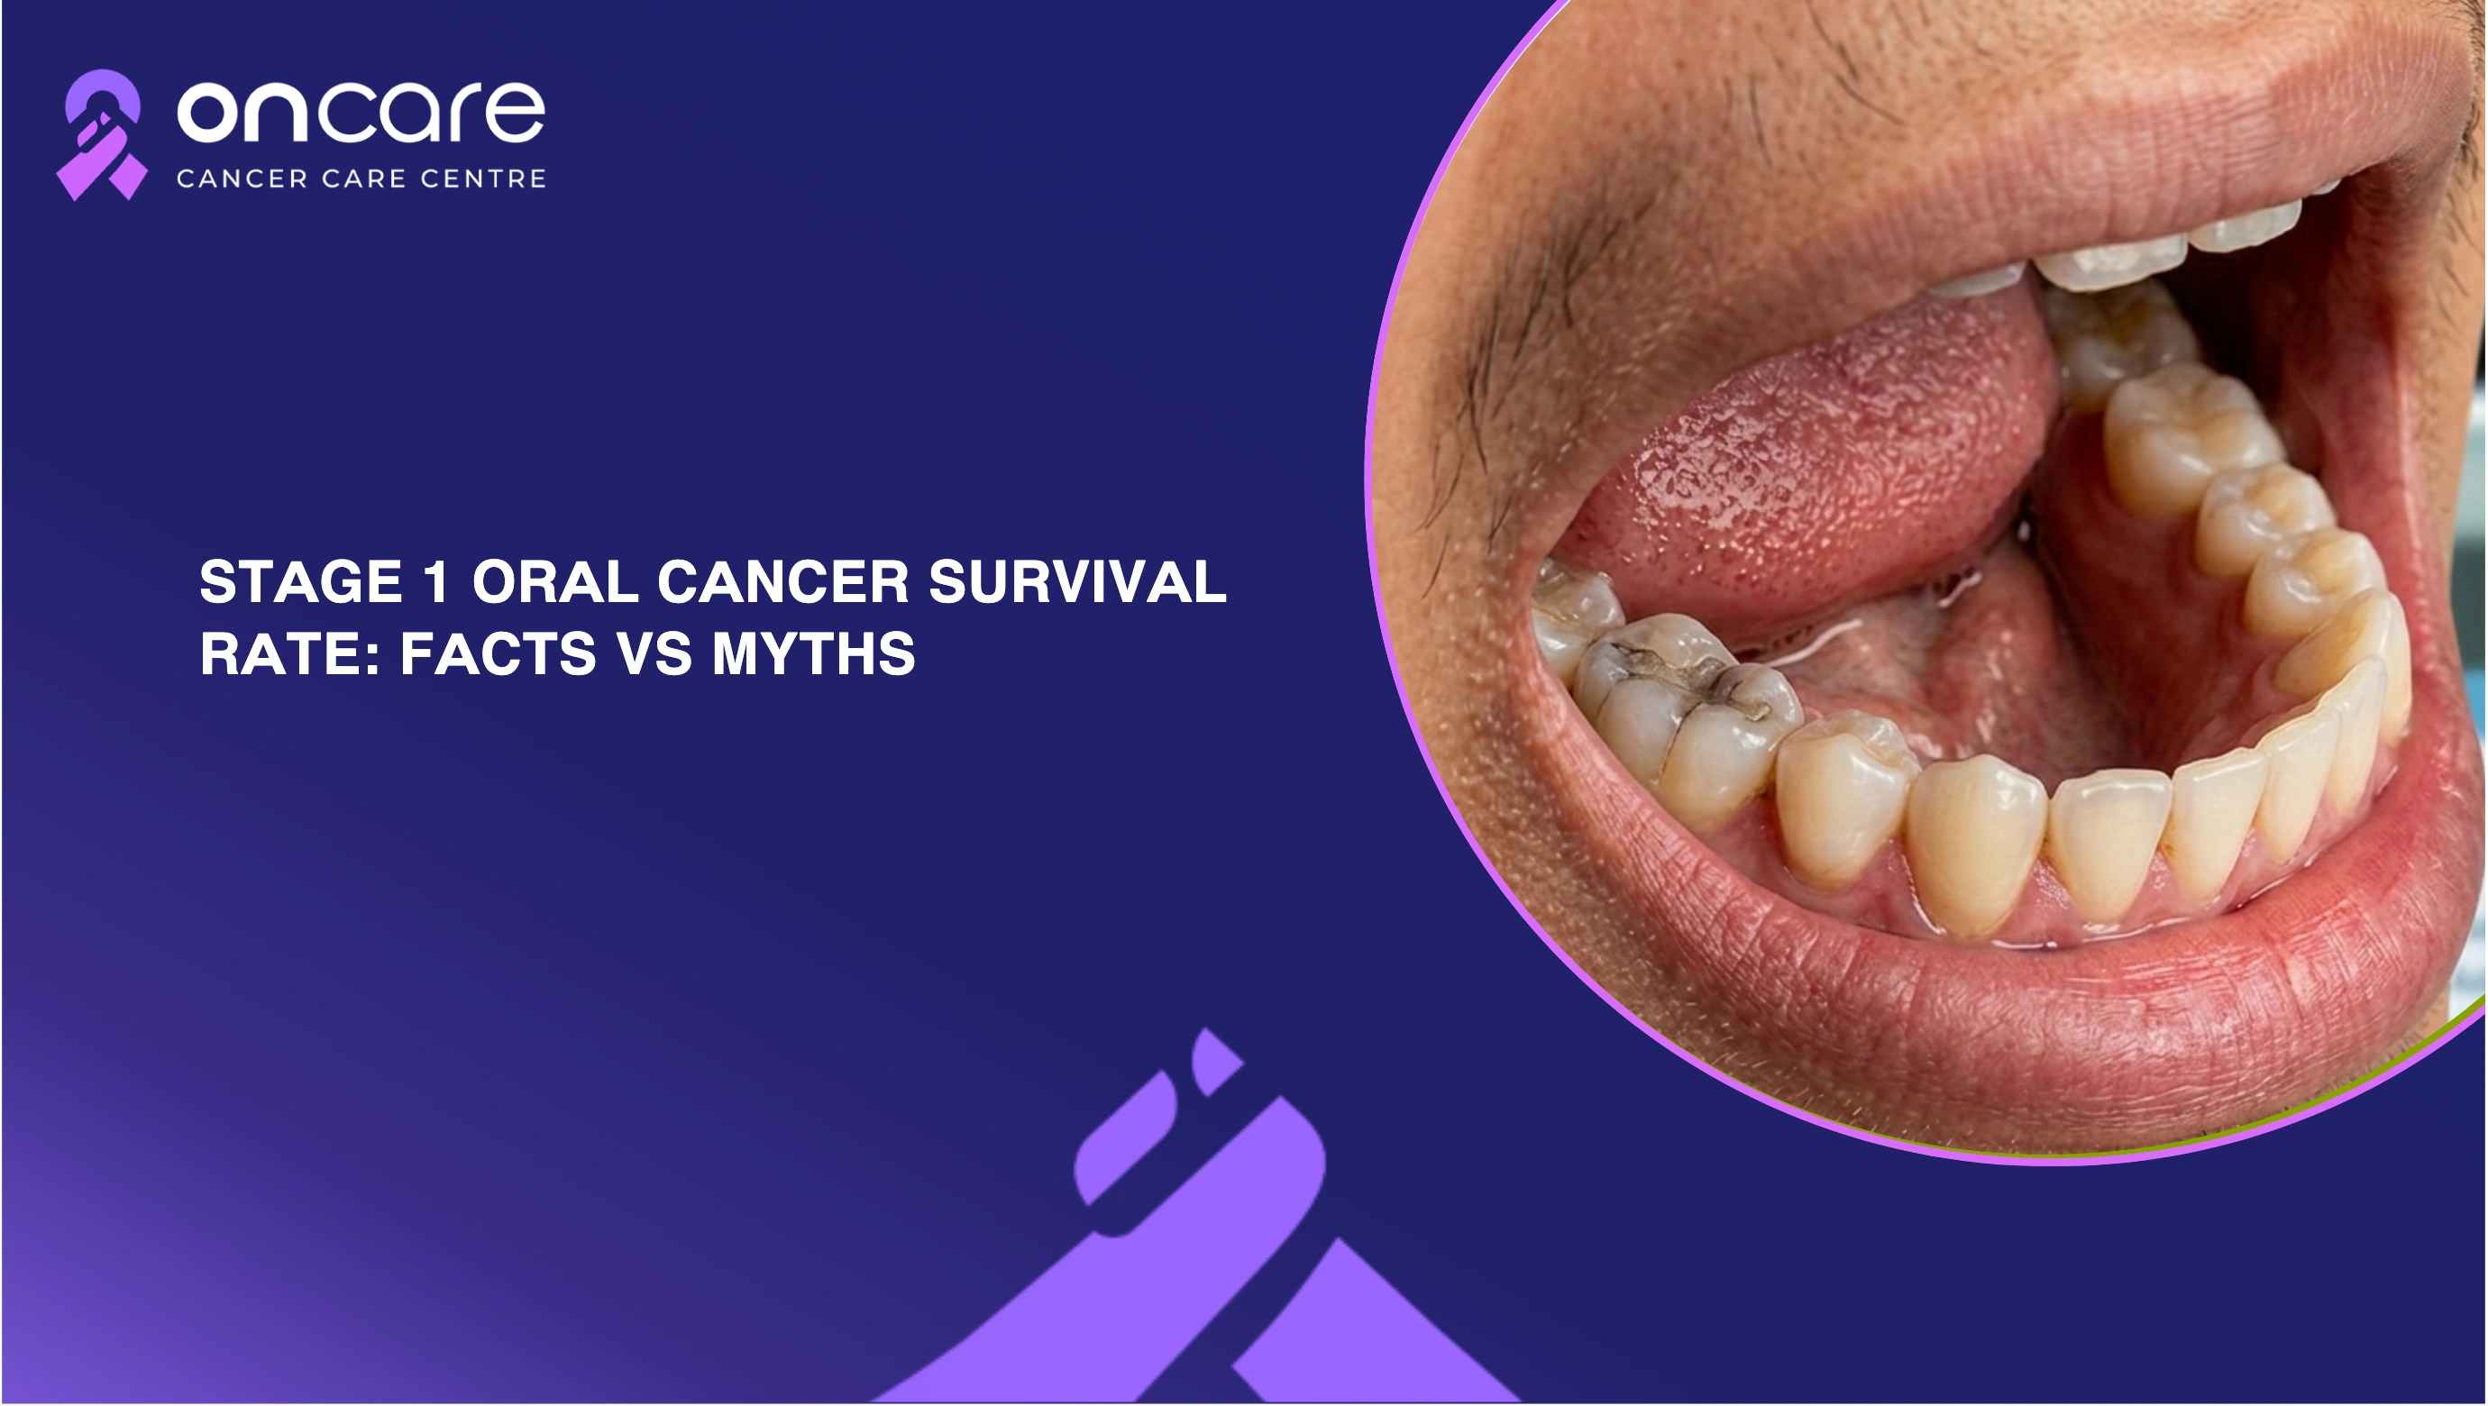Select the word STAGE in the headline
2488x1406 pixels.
pyautogui.click(x=300, y=582)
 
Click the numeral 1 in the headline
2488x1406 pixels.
pyautogui.click(x=436, y=582)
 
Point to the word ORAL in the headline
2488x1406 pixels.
pyautogui.click(x=555, y=582)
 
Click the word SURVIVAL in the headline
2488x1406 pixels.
pyautogui.click(x=1077, y=582)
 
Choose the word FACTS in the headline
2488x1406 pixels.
pyautogui.click(x=498, y=653)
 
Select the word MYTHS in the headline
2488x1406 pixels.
pyautogui.click(x=813, y=653)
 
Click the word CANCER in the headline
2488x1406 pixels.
pyautogui.click(x=783, y=582)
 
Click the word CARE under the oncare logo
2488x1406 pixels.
pyautogui.click(x=363, y=178)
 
